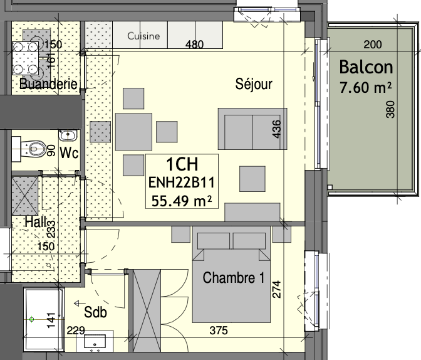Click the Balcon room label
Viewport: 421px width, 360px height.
pos(366,67)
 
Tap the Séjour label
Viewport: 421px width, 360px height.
pos(254,84)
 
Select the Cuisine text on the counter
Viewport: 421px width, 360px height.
pos(143,36)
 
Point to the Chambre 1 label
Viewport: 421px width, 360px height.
pos(234,277)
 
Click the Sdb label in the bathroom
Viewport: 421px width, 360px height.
pos(95,312)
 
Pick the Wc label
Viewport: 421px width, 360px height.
pos(69,152)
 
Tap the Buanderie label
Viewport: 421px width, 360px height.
pos(49,83)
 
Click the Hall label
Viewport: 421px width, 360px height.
pos(36,222)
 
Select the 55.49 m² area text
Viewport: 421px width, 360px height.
pos(182,201)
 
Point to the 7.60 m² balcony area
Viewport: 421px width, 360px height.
pos(365,87)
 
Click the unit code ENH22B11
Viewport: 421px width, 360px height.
pos(182,183)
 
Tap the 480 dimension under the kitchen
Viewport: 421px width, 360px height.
pos(194,45)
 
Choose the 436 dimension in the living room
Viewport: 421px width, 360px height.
pos(276,129)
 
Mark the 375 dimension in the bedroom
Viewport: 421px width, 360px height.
pos(219,331)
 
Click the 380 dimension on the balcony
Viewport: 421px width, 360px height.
pos(390,109)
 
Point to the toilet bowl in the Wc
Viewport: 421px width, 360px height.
pos(34,148)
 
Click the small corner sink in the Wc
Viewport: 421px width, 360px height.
pos(68,135)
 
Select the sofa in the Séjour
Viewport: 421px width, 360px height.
pos(252,129)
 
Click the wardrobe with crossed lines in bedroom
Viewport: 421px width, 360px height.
pos(147,310)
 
